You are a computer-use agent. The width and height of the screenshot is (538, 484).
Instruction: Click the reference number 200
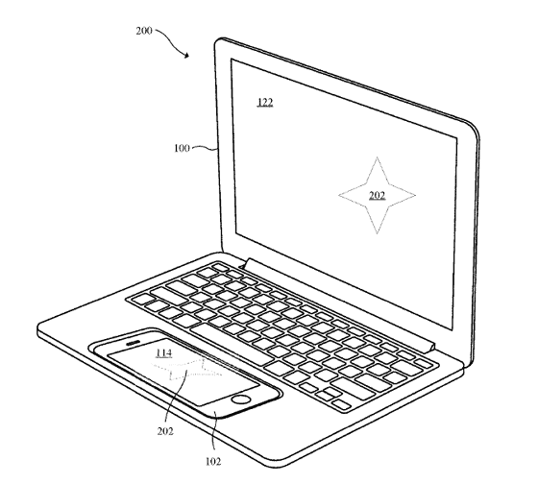[144, 31]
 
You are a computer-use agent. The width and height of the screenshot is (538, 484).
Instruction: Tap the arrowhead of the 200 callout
[186, 55]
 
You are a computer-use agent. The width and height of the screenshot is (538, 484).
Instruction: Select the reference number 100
[182, 148]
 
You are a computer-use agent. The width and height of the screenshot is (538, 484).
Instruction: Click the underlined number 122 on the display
[265, 102]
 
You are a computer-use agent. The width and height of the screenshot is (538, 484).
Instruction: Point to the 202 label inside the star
[377, 195]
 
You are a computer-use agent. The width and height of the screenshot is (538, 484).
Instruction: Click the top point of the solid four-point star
[377, 157]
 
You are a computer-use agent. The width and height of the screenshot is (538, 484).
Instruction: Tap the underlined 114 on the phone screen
[163, 353]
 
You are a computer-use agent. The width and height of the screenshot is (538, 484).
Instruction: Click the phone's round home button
[241, 399]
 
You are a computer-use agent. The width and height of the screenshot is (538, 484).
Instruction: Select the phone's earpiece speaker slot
[134, 343]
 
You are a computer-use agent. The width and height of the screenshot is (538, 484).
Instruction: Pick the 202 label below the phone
[165, 431]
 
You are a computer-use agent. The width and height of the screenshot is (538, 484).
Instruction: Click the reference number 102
[213, 461]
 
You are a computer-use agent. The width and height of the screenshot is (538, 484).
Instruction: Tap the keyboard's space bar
[232, 345]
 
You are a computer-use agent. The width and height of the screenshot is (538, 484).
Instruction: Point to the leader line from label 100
[205, 148]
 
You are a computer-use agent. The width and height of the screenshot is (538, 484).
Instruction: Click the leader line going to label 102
[212, 430]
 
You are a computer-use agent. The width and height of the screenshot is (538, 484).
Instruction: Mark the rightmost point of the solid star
[415, 196]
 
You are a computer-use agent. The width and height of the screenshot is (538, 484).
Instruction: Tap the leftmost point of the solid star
[339, 195]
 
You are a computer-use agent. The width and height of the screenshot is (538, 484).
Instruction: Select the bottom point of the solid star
[377, 233]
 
